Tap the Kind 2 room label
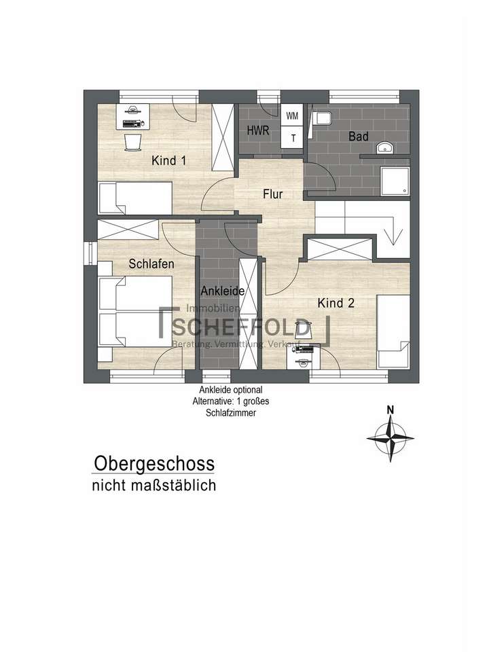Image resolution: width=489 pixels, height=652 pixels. pos(336,304)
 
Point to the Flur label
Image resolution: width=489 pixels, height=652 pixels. pos(273,194)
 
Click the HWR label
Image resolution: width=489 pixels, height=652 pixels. pos(257,130)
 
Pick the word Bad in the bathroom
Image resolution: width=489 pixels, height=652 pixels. pos(358,137)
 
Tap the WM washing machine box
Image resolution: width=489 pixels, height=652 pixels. pos(293,116)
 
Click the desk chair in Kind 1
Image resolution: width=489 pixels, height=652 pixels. pos(133,141)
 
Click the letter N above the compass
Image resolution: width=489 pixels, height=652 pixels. pos(390,410)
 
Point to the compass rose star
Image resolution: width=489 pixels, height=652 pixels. pos(390,437)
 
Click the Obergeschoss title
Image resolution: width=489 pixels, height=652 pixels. pos(153,464)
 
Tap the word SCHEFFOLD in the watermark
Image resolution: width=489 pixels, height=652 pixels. pos(242,328)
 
